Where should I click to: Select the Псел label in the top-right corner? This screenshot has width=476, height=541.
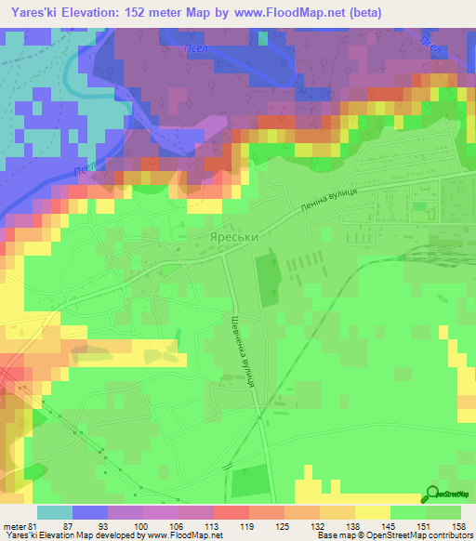[x=430, y=43]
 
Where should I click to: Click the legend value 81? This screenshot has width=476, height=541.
[x=35, y=527]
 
